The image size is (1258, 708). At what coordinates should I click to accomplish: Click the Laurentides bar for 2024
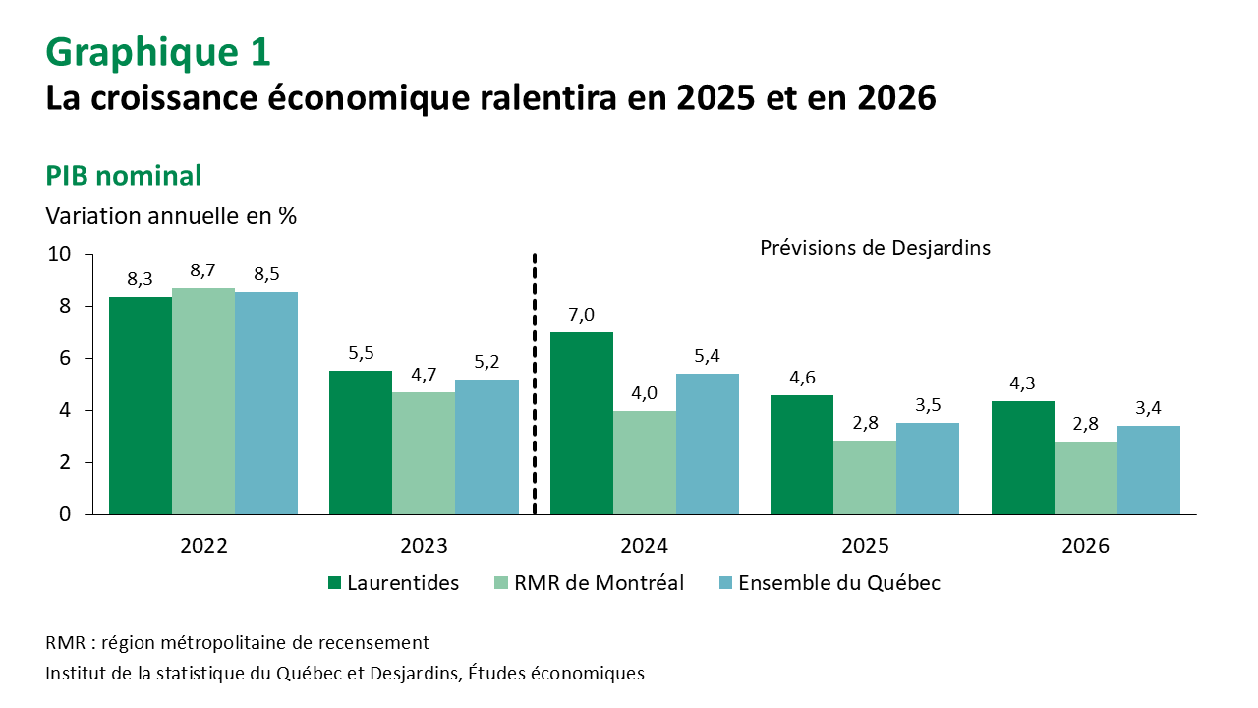pyautogui.click(x=582, y=423)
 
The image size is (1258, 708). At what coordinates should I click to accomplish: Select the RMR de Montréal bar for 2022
pyautogui.click(x=203, y=401)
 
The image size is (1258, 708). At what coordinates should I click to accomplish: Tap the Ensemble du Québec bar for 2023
pyautogui.click(x=486, y=446)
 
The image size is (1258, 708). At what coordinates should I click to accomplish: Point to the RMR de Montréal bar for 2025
pyautogui.click(x=865, y=477)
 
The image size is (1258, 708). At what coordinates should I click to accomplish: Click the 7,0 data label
pyautogui.click(x=582, y=315)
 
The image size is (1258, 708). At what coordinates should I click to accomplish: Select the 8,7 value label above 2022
pyautogui.click(x=203, y=269)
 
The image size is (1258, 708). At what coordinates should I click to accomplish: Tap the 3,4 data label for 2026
pyautogui.click(x=1149, y=408)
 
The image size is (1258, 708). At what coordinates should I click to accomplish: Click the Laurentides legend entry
pyautogui.click(x=393, y=583)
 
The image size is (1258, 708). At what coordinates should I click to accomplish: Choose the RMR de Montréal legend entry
pyautogui.click(x=587, y=583)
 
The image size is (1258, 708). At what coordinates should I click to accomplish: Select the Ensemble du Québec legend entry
pyautogui.click(x=829, y=583)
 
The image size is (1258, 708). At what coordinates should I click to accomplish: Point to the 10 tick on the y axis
pyautogui.click(x=59, y=254)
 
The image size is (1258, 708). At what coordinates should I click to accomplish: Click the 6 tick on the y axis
pyautogui.click(x=65, y=358)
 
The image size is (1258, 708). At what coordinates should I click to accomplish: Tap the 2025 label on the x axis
pyautogui.click(x=865, y=546)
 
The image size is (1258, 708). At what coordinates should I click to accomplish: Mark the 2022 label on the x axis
pyautogui.click(x=203, y=546)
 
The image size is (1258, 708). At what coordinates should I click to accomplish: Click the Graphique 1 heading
pyautogui.click(x=158, y=52)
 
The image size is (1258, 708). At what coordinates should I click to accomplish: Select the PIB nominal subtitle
pyautogui.click(x=124, y=176)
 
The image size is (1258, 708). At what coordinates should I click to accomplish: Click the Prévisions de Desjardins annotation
pyautogui.click(x=875, y=248)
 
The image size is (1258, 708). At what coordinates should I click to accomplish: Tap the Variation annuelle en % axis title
pyautogui.click(x=171, y=215)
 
